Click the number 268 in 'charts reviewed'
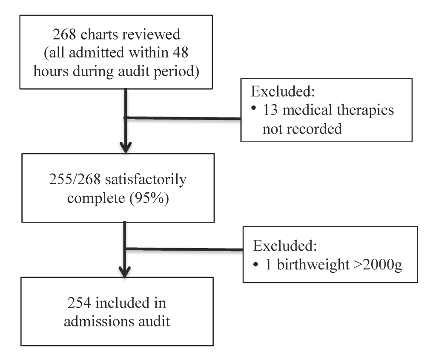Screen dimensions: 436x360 64,34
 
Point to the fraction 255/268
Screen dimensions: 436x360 75,179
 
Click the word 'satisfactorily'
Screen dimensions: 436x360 146,180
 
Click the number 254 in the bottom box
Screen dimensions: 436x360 79,303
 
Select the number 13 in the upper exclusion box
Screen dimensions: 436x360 270,110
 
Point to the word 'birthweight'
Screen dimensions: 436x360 313,264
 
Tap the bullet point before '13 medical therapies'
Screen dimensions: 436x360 253,108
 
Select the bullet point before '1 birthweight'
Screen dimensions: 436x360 256,265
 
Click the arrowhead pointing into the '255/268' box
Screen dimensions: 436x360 126,148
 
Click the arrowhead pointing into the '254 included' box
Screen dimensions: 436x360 125,272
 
